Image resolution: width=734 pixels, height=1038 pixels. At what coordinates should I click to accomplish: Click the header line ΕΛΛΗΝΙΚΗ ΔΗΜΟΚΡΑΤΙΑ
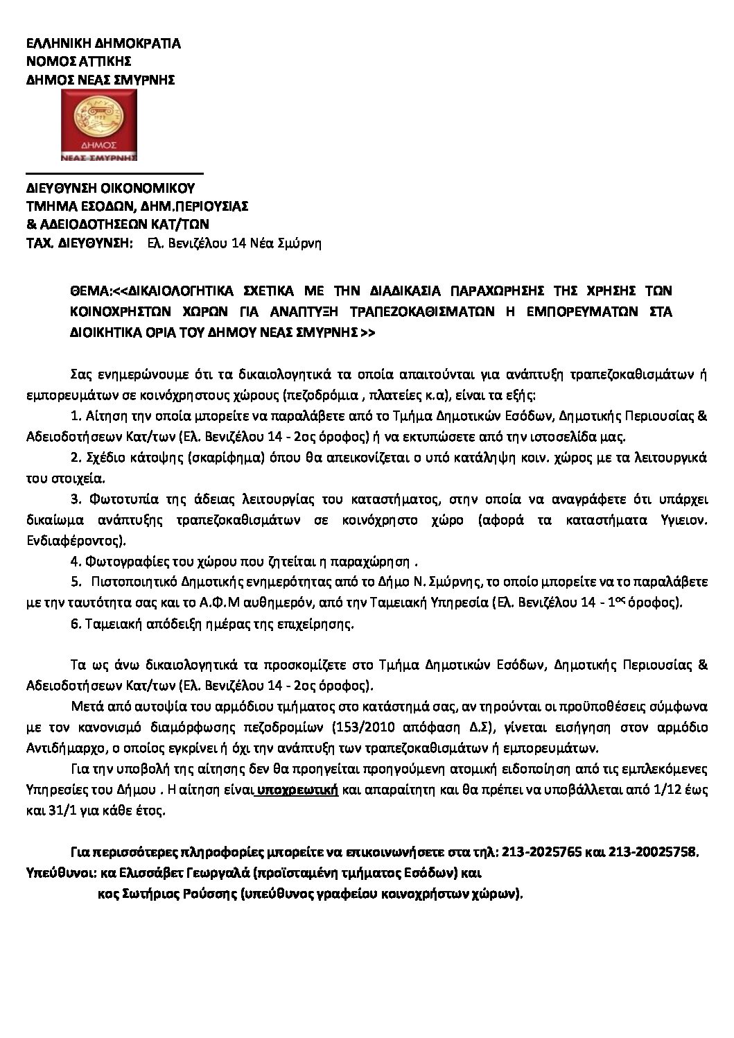(x=103, y=44)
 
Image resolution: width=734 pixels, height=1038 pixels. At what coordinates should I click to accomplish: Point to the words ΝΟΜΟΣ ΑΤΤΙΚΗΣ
(x=76, y=62)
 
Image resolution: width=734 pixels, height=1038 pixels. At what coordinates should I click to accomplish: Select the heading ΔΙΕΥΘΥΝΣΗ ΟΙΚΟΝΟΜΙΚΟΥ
(x=110, y=188)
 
